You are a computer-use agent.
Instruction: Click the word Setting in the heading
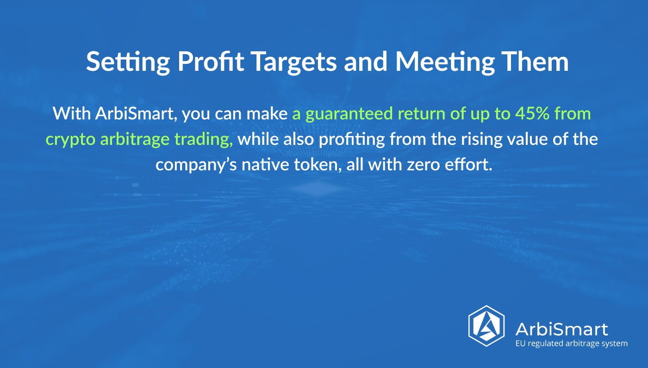128,62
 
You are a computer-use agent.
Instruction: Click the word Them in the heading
536,61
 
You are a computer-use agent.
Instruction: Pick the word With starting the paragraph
72,113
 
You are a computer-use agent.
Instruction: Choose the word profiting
352,139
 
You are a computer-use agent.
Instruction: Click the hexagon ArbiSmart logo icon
486,326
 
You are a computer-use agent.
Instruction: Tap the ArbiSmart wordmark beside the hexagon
561,329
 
